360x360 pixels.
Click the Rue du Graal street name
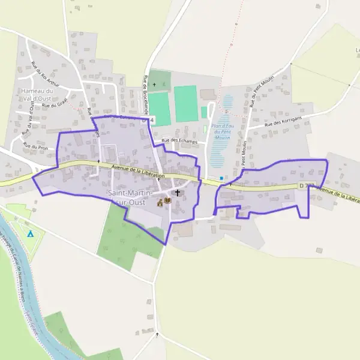[x=54, y=104]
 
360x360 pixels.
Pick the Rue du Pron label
[x=35, y=145]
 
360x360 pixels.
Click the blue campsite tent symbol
[x=31, y=233]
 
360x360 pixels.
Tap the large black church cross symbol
[x=178, y=193]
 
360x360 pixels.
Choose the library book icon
[x=168, y=200]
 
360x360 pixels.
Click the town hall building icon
[x=160, y=203]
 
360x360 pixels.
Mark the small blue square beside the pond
[x=221, y=178]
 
